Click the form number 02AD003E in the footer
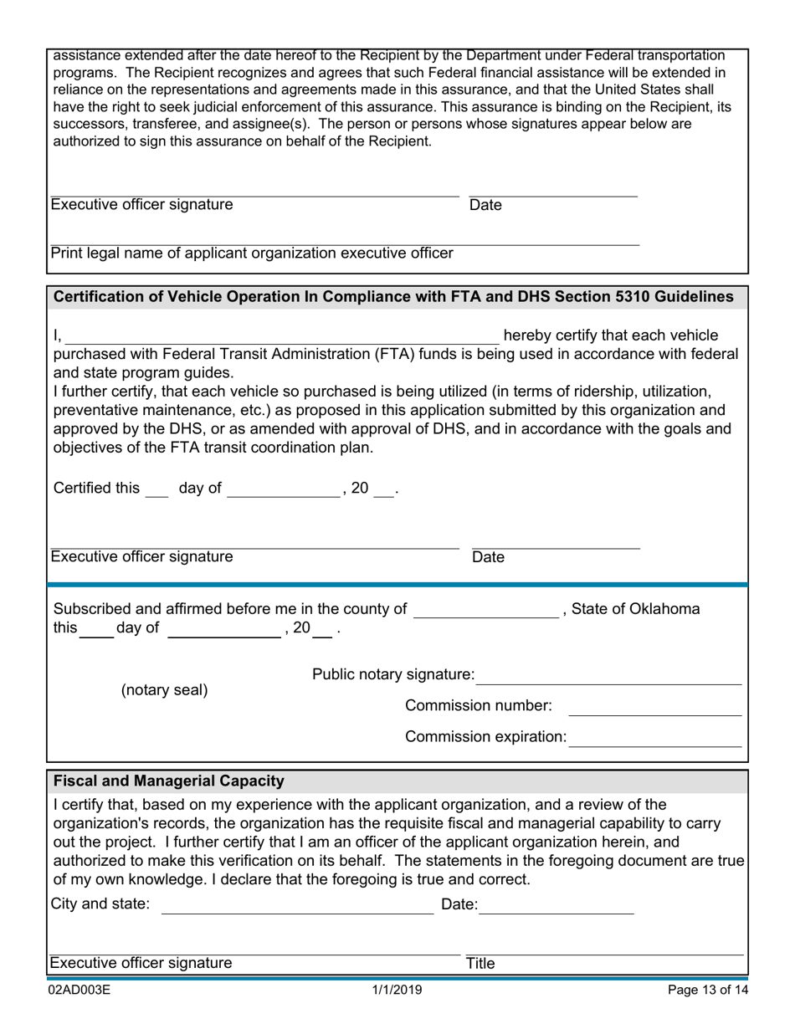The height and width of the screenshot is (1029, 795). coord(79,991)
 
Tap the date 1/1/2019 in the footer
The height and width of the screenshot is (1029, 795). coord(397,991)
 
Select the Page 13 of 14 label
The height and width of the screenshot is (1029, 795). coord(708,991)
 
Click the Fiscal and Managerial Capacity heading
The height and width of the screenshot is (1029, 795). coord(169,781)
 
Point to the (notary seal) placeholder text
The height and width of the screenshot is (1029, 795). coord(165,690)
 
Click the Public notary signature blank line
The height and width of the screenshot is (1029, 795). coord(608,676)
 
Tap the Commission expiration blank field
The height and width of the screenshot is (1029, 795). coord(654,739)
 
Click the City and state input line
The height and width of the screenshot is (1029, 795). coord(297,906)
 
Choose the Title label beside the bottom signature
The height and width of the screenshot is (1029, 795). coord(480,964)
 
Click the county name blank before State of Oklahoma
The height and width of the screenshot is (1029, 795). coord(486,611)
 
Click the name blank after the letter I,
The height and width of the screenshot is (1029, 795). coord(282,336)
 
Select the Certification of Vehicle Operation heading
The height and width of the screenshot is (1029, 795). coord(393,297)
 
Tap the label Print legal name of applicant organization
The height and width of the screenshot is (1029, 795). coord(252,253)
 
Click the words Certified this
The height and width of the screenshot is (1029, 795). coord(96,489)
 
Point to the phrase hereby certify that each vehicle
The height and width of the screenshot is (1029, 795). coord(610,335)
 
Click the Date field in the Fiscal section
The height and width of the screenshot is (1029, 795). coord(556,906)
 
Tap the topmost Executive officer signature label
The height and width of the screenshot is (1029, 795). coord(142,205)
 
